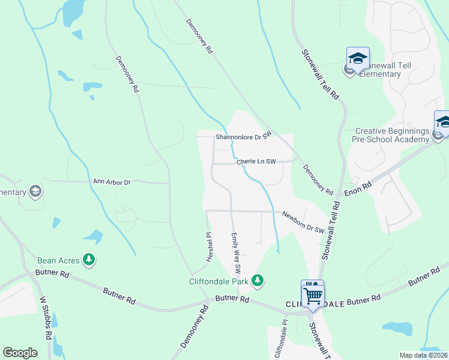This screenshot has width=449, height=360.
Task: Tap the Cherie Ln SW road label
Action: click(x=256, y=161)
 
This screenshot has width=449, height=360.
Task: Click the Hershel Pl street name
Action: click(x=209, y=247)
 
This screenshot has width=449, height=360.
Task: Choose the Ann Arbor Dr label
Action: click(x=112, y=181)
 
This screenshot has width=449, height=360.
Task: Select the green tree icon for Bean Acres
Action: click(x=89, y=259)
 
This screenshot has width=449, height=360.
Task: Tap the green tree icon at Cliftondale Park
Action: click(x=258, y=280)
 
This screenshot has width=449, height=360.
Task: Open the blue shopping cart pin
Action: click(x=312, y=295)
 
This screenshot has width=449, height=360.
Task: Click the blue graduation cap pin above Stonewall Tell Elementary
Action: click(x=358, y=59)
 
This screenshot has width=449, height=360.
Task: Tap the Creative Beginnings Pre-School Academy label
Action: click(x=392, y=135)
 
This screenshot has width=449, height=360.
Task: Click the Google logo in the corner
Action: click(x=20, y=352)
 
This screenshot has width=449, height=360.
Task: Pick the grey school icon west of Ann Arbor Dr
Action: click(x=35, y=191)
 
